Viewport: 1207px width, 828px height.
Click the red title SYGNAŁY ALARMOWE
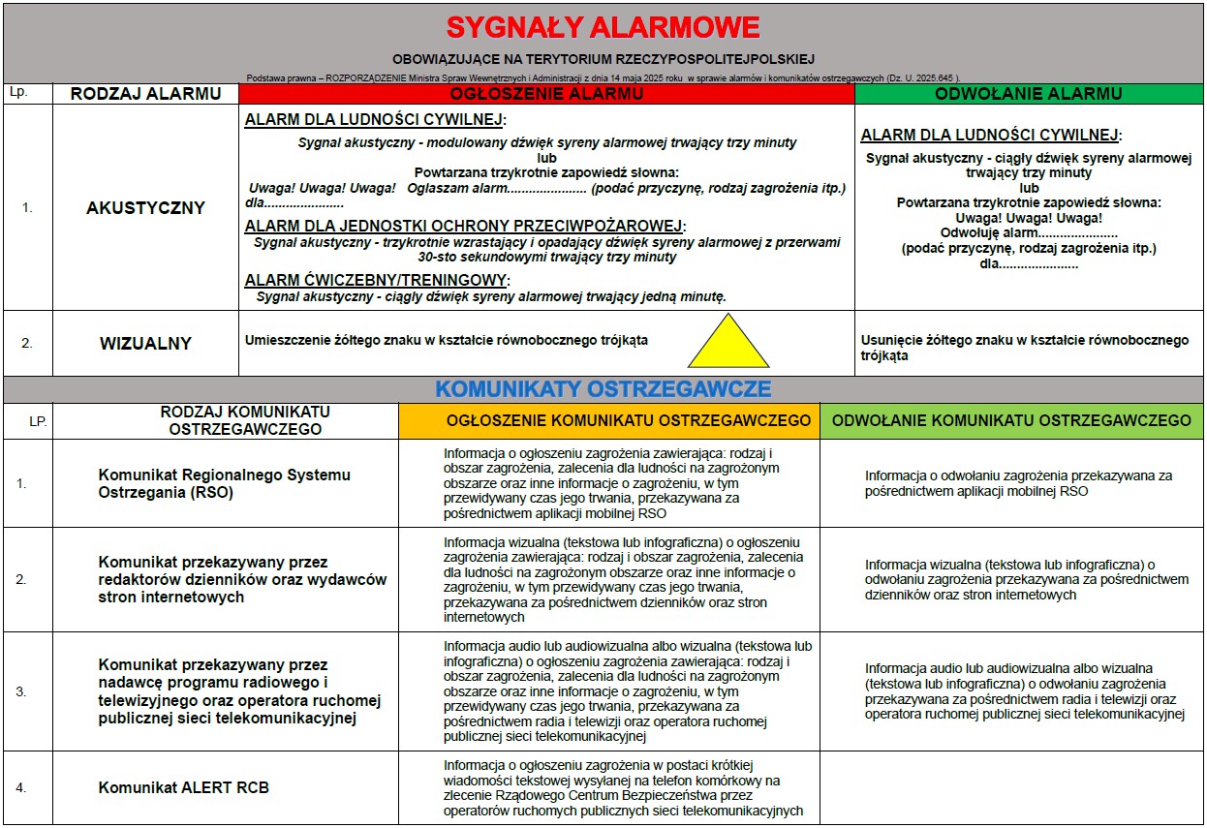click(x=603, y=26)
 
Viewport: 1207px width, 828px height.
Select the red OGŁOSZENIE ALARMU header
click(x=546, y=94)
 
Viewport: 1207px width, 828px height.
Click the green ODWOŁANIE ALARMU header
click(x=1028, y=94)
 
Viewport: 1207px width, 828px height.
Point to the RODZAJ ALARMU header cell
click(x=145, y=94)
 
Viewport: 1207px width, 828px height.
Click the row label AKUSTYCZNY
click(x=145, y=207)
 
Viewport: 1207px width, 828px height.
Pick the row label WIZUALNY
click(x=145, y=343)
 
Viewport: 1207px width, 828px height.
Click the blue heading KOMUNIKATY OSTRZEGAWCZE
click(x=603, y=389)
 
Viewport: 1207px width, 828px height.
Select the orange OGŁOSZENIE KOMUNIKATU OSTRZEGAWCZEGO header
click(x=608, y=420)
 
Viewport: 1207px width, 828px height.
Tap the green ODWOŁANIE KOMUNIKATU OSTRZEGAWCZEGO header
click(x=1011, y=420)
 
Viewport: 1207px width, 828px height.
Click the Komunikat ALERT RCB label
click(x=184, y=787)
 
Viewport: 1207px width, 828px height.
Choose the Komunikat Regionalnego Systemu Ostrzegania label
click(x=224, y=483)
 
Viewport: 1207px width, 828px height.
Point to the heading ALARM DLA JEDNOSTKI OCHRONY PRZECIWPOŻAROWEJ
click(x=465, y=226)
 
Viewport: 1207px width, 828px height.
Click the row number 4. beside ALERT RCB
click(x=21, y=787)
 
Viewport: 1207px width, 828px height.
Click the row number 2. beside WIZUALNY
click(x=27, y=343)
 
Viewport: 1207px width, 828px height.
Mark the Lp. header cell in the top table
click(x=17, y=92)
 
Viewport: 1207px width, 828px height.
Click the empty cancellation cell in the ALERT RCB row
click(x=1011, y=787)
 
